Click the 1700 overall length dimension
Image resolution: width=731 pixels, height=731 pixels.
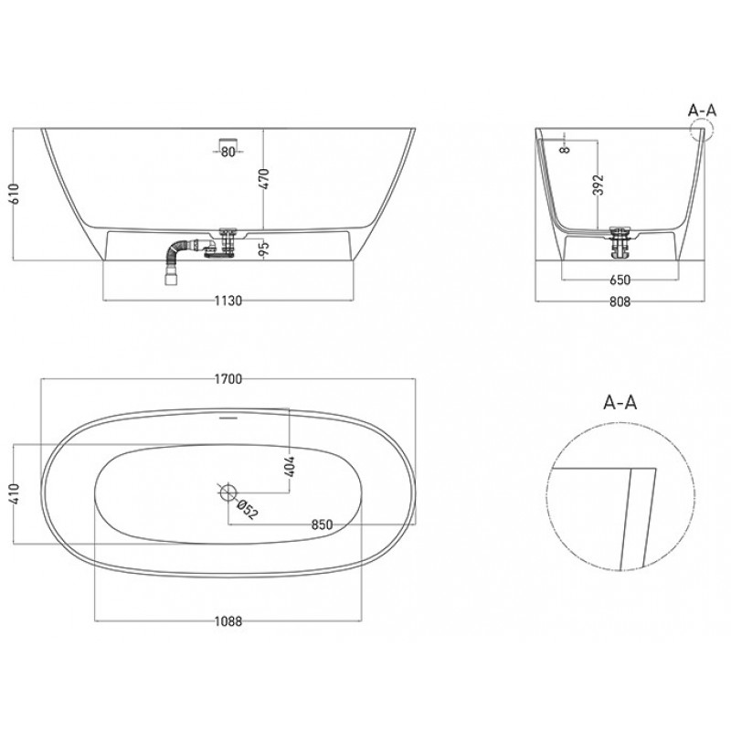click(228, 379)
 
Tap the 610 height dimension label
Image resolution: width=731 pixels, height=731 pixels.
click(15, 194)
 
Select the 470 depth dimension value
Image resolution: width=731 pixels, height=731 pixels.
click(264, 179)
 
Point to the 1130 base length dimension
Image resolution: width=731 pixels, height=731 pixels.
click(228, 302)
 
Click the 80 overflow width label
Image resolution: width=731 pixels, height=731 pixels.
click(228, 152)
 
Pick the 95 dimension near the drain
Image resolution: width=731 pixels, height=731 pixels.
click(264, 248)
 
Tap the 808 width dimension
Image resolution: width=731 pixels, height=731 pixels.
click(620, 302)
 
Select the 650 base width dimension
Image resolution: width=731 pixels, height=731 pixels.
click(620, 280)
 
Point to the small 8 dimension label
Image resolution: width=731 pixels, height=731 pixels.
click(565, 149)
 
